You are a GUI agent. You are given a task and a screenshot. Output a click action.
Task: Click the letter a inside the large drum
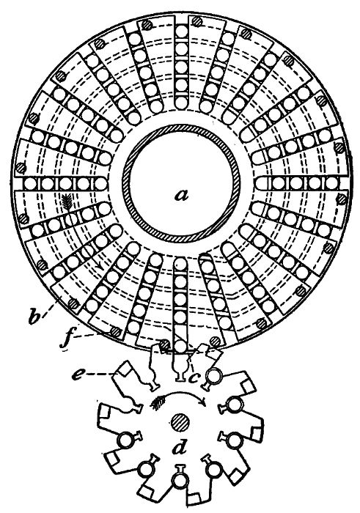tap(182, 196)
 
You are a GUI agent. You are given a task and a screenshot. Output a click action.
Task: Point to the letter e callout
tap(79, 374)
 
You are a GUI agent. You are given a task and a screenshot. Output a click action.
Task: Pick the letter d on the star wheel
tap(179, 449)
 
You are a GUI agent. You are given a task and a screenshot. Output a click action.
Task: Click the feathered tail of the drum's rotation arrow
tap(68, 201)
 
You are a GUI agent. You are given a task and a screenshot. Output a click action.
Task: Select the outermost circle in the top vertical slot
tap(181, 33)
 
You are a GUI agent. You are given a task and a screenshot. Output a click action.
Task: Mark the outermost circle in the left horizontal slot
tap(30, 183)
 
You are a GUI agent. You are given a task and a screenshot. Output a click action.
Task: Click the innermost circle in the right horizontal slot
tap(262, 183)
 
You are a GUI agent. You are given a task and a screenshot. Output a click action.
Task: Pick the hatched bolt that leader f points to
tap(114, 332)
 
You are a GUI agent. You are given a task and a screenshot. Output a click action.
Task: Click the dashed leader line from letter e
tap(100, 373)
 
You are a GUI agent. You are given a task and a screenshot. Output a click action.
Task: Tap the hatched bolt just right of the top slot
tap(197, 22)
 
